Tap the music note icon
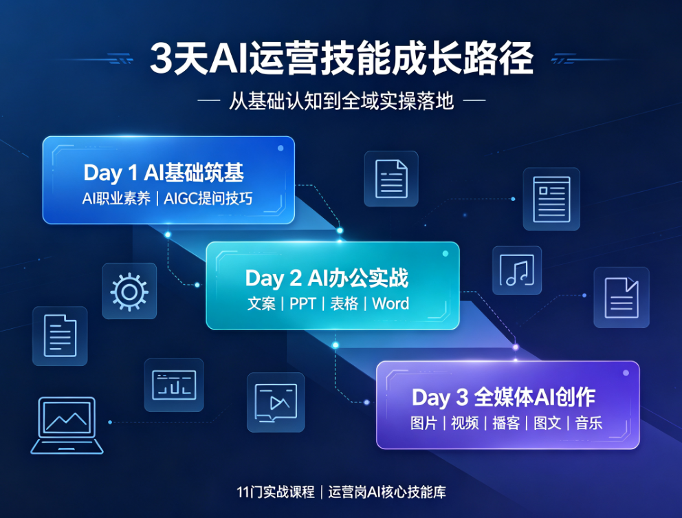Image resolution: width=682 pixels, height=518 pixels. click(517, 270)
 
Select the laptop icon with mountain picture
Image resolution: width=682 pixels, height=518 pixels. click(67, 425)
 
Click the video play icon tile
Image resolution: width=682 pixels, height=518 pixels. click(276, 402)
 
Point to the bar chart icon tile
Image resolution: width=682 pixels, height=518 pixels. click(174, 385)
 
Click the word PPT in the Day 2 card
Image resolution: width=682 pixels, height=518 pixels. click(302, 303)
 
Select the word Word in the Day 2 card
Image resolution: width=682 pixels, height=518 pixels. click(390, 303)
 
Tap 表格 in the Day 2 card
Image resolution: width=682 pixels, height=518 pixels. click(344, 303)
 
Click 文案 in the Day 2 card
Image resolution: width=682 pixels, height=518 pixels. click(261, 303)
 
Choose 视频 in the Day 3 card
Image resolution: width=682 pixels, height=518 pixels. click(465, 422)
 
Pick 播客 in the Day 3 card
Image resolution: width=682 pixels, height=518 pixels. click(506, 422)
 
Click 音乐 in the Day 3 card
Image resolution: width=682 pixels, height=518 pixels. click(589, 422)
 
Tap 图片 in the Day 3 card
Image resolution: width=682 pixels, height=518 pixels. click(423, 422)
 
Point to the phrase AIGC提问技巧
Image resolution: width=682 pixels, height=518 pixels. click(208, 199)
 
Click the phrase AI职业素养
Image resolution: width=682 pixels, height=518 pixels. click(116, 199)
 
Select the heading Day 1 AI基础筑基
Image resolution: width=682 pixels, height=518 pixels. click(164, 173)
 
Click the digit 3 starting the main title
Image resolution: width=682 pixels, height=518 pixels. click(161, 58)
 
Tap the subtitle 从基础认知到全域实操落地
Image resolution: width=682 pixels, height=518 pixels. click(342, 101)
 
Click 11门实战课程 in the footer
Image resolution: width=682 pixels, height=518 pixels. click(276, 492)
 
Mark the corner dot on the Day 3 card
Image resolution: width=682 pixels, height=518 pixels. click(626, 373)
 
